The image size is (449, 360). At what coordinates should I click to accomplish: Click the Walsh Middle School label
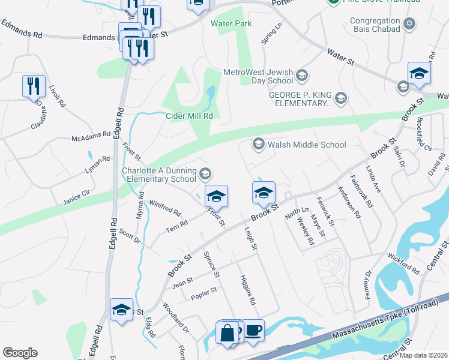point(307,145)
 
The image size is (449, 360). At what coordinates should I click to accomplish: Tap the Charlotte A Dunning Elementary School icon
point(205,174)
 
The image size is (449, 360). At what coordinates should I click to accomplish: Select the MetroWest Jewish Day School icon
point(301,76)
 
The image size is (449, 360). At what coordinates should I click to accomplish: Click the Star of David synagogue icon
point(409,25)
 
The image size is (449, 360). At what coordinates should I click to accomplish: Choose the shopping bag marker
point(228,332)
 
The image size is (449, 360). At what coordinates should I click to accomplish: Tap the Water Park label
point(231,23)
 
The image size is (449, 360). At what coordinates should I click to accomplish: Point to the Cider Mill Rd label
point(190,116)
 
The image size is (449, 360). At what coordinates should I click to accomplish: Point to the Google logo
point(20,353)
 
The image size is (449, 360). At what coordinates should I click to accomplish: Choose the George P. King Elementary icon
point(341,98)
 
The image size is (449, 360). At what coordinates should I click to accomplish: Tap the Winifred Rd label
point(165,208)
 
